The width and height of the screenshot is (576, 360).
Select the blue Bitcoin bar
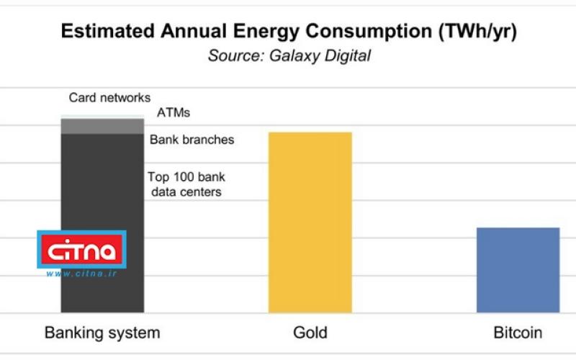[518, 270]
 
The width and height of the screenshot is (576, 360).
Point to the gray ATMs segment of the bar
[102, 126]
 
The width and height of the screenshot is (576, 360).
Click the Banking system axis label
[102, 333]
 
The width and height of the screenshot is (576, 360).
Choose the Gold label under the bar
[310, 333]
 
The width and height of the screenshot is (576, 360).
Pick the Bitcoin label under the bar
[518, 333]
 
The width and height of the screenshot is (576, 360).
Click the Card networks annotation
[109, 97]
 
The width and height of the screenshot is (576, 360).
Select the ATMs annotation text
[173, 113]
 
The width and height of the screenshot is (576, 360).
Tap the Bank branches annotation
[192, 140]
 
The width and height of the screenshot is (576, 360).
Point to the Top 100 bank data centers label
[184, 184]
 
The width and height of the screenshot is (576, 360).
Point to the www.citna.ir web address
[81, 274]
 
